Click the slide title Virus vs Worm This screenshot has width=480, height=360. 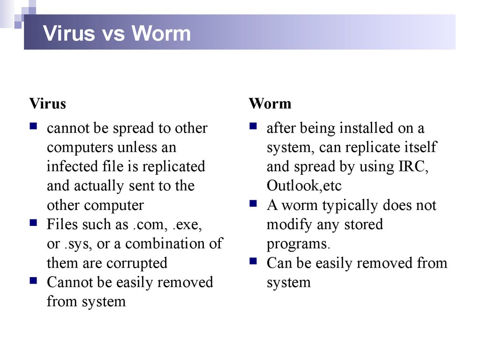tap(117, 34)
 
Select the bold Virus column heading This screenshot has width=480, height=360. tap(47, 103)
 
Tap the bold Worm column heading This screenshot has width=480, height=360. tap(270, 103)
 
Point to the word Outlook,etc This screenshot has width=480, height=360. tap(304, 186)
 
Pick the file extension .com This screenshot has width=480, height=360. tap(147, 225)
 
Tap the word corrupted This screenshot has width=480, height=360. tap(136, 263)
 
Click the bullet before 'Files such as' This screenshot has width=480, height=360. tap(34, 223)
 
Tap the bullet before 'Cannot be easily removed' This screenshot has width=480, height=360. tap(34, 281)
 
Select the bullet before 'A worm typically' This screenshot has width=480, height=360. tap(254, 204)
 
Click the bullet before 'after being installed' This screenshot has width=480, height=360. tap(254, 127)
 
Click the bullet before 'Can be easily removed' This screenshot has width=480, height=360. tap(254, 262)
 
